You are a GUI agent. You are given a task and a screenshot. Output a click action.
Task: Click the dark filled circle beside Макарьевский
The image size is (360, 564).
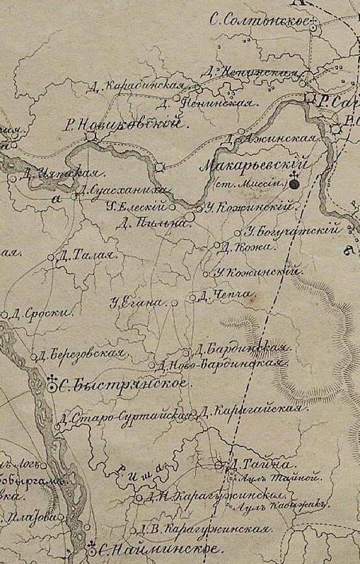click(x=295, y=184)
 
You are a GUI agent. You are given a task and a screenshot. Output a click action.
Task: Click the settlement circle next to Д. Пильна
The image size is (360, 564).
click(x=188, y=214)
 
